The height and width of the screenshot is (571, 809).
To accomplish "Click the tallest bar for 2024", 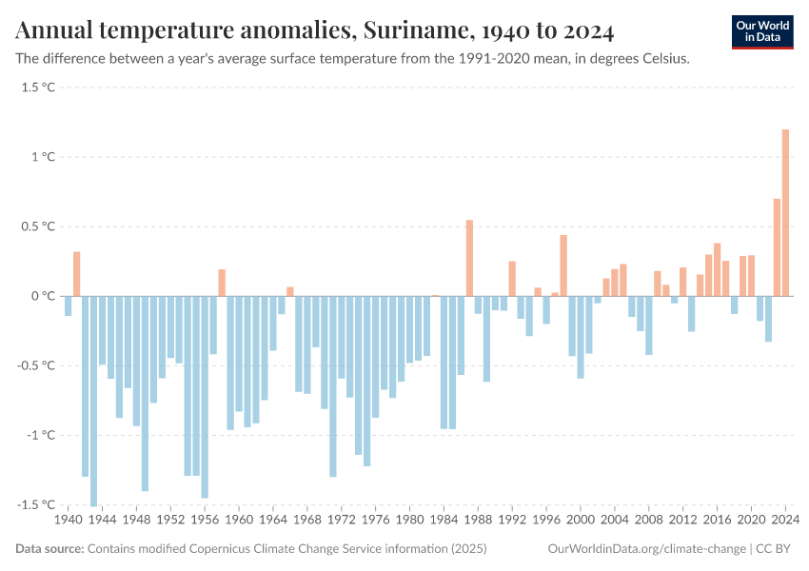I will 785,212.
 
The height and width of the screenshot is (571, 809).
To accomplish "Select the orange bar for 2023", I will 777,247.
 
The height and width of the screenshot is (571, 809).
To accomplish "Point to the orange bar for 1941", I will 77,274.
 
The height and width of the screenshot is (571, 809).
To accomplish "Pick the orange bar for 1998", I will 563,266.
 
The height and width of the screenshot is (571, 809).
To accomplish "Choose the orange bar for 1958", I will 222,283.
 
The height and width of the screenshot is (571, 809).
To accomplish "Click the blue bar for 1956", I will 205,397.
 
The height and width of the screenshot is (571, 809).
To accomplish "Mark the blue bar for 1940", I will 69,305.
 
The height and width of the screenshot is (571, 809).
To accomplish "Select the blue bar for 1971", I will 333,386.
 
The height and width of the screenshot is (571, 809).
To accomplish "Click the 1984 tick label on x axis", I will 444,521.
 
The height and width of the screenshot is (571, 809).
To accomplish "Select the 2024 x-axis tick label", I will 785,521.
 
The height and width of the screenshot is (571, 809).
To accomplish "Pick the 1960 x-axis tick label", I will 239,521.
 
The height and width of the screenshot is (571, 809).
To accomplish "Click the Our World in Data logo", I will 761,31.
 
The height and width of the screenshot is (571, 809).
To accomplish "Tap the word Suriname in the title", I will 412,31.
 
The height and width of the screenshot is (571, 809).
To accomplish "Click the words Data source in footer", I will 49,549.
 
